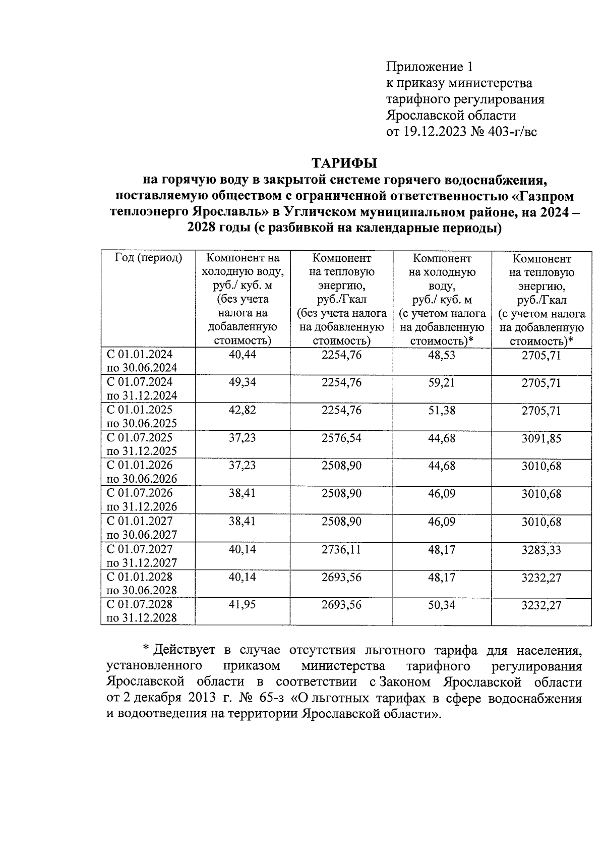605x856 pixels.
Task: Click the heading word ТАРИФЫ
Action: (344, 163)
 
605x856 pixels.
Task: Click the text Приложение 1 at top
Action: (430, 67)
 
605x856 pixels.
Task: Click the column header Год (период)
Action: (148, 258)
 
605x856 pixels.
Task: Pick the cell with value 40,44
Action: (243, 355)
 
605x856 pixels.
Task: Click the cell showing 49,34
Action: (243, 382)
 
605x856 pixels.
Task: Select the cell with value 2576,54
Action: (341, 438)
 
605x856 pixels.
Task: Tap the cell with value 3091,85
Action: (541, 438)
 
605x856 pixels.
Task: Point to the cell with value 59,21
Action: (442, 383)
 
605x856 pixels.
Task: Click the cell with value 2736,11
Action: (341, 549)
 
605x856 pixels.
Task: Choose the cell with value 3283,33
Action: (541, 550)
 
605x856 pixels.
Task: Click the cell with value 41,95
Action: (243, 605)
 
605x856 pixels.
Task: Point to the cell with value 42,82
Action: (243, 410)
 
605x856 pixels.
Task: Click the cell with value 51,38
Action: (442, 411)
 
